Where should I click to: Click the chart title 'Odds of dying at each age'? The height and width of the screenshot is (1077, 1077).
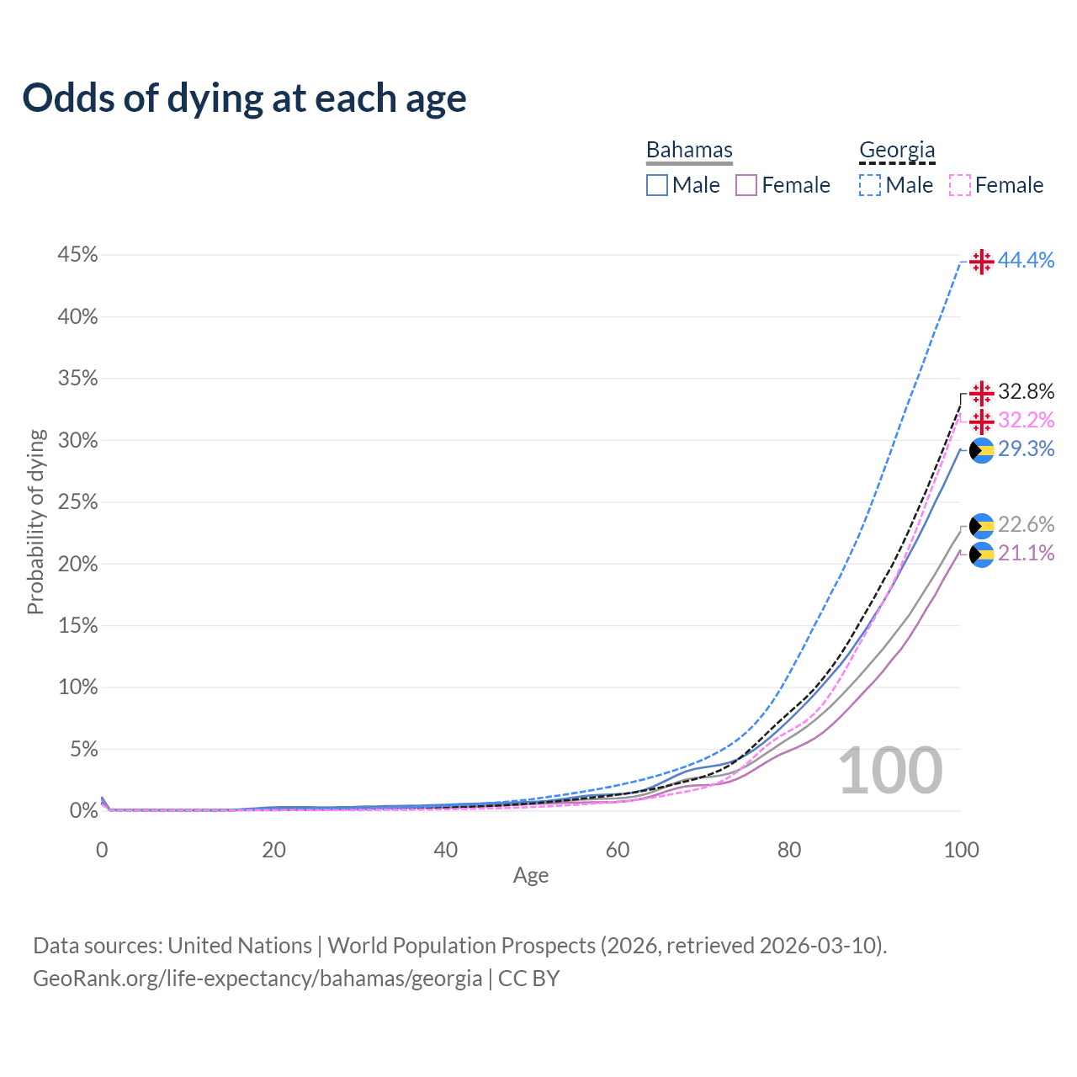click(x=244, y=98)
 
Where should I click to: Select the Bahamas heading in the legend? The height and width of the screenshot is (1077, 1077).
click(x=689, y=150)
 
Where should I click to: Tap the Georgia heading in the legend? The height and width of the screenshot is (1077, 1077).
click(x=897, y=150)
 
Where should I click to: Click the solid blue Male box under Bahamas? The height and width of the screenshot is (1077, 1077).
click(x=657, y=185)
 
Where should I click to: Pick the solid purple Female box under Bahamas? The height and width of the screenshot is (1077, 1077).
click(x=746, y=185)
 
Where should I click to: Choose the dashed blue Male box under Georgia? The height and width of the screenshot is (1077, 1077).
click(x=870, y=185)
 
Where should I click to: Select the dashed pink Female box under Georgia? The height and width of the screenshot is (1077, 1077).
click(x=960, y=185)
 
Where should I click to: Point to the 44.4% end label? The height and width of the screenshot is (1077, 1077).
click(x=1026, y=261)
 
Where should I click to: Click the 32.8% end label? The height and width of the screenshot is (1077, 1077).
click(x=1026, y=392)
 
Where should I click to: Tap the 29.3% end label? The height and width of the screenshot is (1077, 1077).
click(x=1026, y=449)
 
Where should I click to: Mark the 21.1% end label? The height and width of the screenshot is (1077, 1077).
click(x=1026, y=553)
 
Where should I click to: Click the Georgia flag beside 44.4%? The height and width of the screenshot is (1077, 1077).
click(x=981, y=262)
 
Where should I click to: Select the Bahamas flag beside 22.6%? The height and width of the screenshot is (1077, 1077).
click(x=981, y=526)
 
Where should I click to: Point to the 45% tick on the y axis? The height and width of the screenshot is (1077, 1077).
click(x=77, y=255)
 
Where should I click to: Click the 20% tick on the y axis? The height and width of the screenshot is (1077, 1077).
click(x=77, y=564)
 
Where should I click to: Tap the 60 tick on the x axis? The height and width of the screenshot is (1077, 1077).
click(x=618, y=850)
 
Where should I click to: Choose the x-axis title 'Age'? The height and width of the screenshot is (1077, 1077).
click(x=531, y=876)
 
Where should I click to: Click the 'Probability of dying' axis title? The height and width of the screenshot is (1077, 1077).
click(x=35, y=522)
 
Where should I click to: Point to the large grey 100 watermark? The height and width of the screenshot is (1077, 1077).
click(x=890, y=771)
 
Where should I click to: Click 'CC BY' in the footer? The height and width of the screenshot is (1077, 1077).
click(x=528, y=979)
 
